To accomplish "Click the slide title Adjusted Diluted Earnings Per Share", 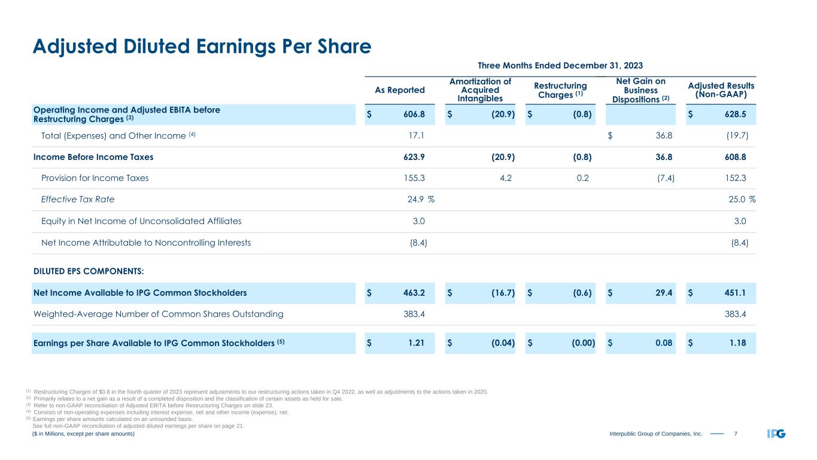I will click(x=202, y=46).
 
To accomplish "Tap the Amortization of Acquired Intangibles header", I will click(x=480, y=90).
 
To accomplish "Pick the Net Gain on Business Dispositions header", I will click(x=640, y=90).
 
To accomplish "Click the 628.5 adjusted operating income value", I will click(x=736, y=114).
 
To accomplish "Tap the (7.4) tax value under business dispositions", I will click(x=666, y=178).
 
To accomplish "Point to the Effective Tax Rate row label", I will click(x=78, y=199).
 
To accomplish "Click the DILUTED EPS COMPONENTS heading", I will click(x=89, y=271).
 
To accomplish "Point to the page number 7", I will click(x=735, y=434).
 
